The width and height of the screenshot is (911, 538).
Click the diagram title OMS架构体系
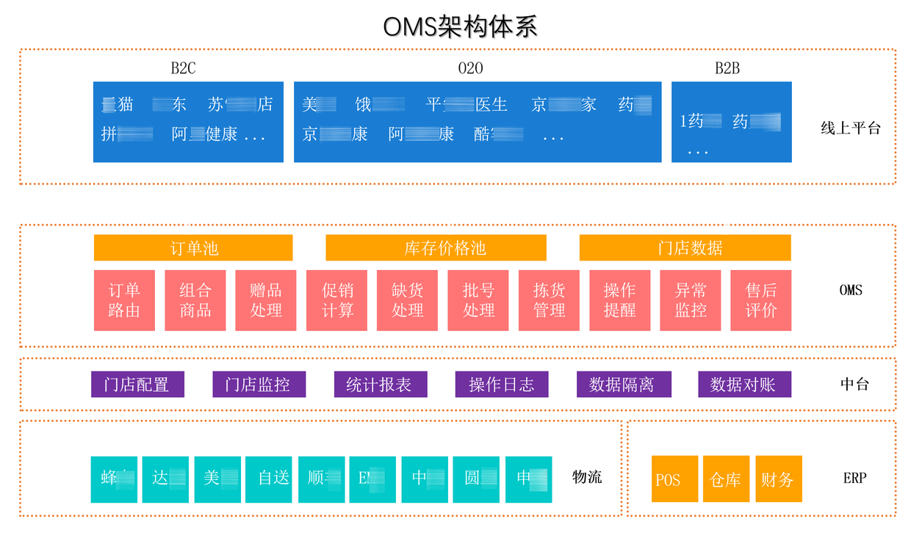coord(460,26)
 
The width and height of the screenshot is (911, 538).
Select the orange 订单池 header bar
coord(193,248)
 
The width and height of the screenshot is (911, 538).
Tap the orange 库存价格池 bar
coord(436,248)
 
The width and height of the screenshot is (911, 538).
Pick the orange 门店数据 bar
coord(685,248)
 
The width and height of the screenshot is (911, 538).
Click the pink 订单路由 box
coord(124,300)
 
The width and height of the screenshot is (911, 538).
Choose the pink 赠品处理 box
coord(265,300)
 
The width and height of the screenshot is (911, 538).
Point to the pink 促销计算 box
coord(336,300)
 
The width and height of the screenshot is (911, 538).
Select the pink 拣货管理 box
coord(549,300)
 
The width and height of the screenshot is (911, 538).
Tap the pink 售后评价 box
coord(760,300)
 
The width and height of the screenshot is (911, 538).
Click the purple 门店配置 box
coord(137,384)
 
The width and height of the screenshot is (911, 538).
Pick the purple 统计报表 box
coord(380,384)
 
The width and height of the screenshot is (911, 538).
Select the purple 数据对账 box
coord(744,384)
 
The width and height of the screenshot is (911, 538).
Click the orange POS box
coord(674,479)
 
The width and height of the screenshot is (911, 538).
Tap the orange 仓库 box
coord(726,479)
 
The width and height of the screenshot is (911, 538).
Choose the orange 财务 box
coord(778,479)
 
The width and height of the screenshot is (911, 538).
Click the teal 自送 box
coord(274,479)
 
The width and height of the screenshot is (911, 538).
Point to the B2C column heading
coord(183,68)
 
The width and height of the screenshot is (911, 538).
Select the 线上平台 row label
coord(850,128)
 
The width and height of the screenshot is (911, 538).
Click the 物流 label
coord(587,477)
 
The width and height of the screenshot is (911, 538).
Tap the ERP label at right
coord(854,478)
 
